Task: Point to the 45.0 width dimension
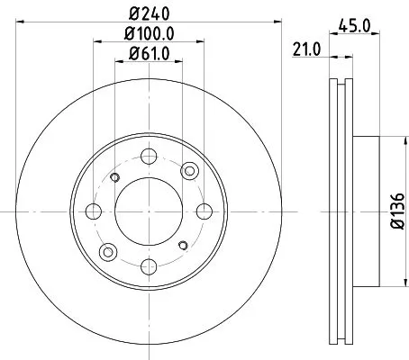tap(355, 27)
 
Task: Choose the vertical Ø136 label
tap(397, 213)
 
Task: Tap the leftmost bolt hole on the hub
tap(93, 212)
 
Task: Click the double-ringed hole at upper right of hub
tap(188, 172)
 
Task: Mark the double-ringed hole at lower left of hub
tap(107, 253)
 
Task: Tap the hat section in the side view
tap(365, 213)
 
